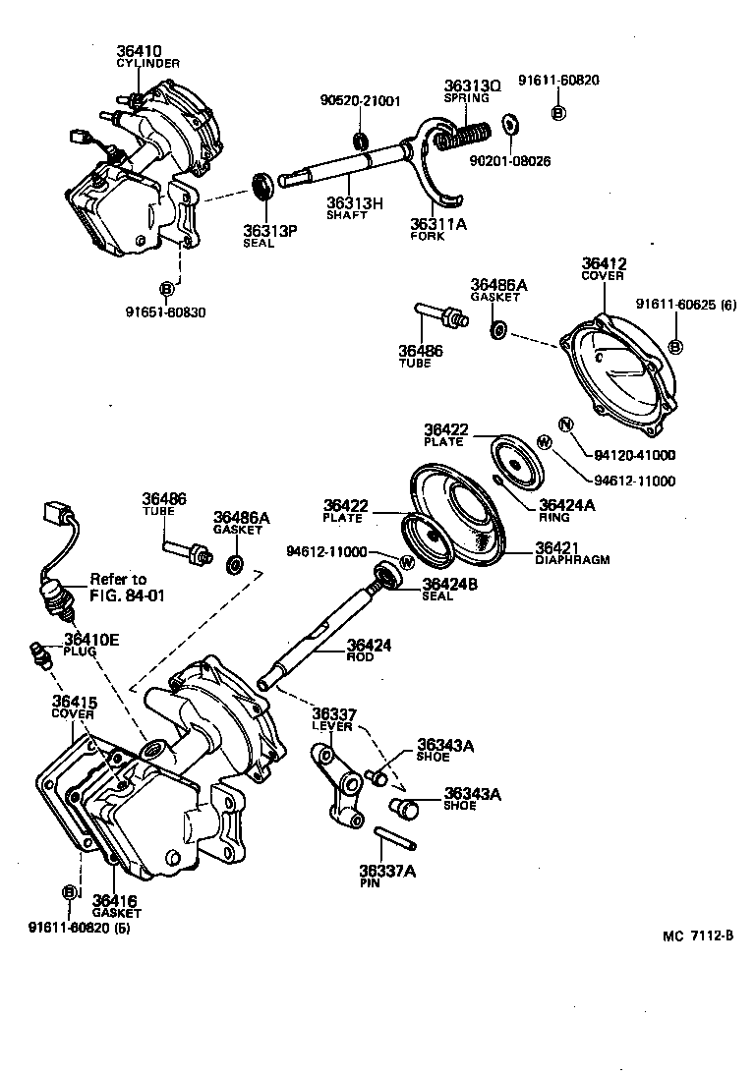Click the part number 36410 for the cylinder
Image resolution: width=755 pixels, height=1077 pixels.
[x=140, y=51]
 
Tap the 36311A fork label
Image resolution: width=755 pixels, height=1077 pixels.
[x=437, y=224]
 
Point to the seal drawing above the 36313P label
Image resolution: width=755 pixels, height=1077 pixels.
[x=262, y=187]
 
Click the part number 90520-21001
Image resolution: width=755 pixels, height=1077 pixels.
[x=360, y=100]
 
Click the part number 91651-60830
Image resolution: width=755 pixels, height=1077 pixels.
[x=166, y=312]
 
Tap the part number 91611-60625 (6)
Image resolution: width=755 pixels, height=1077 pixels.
[x=684, y=304]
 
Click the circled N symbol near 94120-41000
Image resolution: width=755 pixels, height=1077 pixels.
[x=565, y=425]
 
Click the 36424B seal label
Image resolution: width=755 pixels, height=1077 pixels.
[x=448, y=583]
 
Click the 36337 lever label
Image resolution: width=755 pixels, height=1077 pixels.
[x=334, y=713]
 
